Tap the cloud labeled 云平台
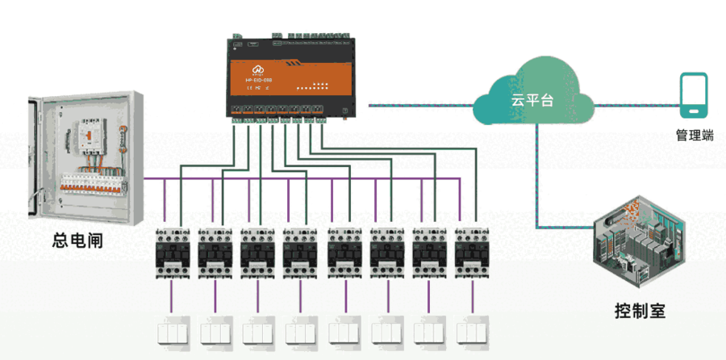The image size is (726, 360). coord(533,96)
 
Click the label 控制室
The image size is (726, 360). coord(640,310)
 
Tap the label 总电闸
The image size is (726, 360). coord(77,240)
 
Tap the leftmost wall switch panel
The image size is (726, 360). coord(172,332)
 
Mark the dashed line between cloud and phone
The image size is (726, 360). coord(633,104)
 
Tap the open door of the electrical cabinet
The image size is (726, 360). coord(33,157)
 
